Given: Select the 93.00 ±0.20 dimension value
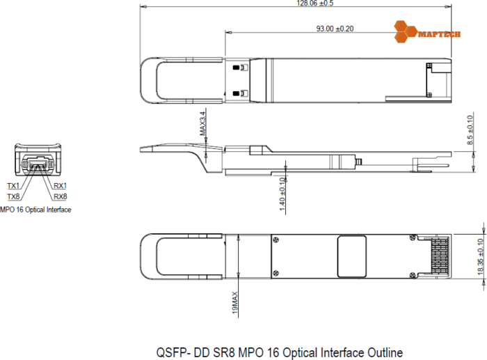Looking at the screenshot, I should pyautogui.click(x=335, y=29).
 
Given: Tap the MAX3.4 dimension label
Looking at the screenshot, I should pyautogui.click(x=203, y=123).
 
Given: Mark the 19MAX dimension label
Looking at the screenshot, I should pyautogui.click(x=235, y=306).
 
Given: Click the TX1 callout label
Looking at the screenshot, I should pyautogui.click(x=13, y=186).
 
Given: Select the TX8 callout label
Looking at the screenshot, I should pyautogui.click(x=13, y=196).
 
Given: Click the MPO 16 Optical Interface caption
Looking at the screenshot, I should pyautogui.click(x=35, y=209).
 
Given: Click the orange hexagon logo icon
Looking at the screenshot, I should pyautogui.click(x=405, y=31).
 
